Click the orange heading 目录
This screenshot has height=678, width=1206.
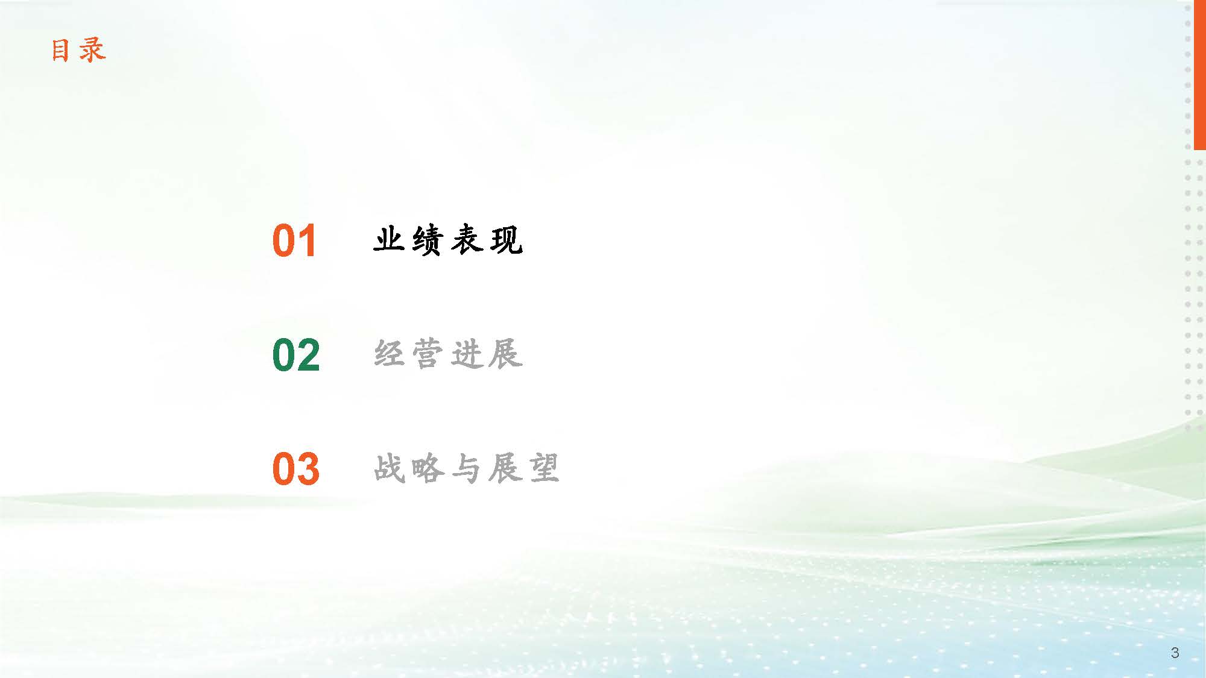tap(78, 50)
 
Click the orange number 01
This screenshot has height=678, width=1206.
tap(294, 241)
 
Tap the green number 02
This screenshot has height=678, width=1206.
tap(296, 355)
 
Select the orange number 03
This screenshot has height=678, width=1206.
tap(295, 469)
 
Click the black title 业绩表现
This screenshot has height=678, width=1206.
tap(448, 240)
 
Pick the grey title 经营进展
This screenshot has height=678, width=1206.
tap(448, 354)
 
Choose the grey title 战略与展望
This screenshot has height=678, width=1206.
tap(467, 468)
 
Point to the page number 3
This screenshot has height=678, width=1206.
tap(1175, 653)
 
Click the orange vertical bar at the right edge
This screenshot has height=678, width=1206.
tap(1199, 75)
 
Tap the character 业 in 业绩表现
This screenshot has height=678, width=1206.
tap(389, 240)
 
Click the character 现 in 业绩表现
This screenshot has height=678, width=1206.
tap(507, 240)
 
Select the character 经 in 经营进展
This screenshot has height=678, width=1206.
tap(389, 354)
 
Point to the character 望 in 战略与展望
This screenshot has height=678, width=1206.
tap(544, 468)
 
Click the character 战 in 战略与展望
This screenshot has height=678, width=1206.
tap(389, 468)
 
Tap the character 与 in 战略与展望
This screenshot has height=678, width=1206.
tap(466, 468)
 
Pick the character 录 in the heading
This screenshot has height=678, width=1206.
tap(93, 50)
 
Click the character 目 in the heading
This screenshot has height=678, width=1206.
tap(60, 50)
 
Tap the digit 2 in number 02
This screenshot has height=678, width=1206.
tap(309, 355)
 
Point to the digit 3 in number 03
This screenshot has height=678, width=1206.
tap(308, 469)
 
